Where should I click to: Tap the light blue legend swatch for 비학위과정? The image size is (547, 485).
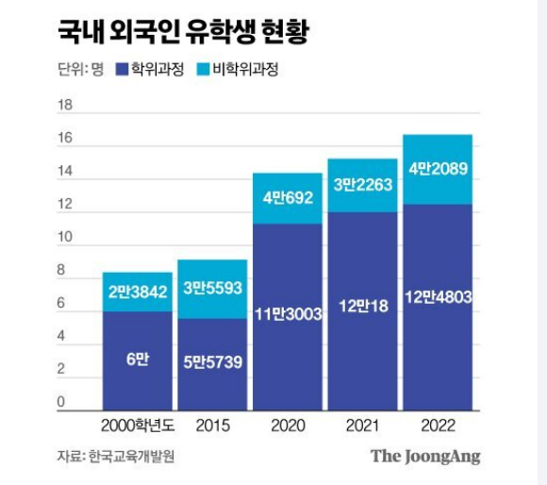[207, 70]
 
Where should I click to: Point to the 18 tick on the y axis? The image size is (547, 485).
[65, 106]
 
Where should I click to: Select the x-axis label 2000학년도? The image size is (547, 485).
[137, 426]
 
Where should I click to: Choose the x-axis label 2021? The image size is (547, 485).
[361, 426]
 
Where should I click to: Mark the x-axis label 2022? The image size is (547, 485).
[437, 426]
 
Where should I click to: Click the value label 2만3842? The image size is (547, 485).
[137, 293]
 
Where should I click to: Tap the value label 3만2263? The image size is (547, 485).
[361, 185]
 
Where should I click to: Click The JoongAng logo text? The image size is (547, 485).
[424, 457]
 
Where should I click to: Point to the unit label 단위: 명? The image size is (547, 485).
[79, 70]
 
